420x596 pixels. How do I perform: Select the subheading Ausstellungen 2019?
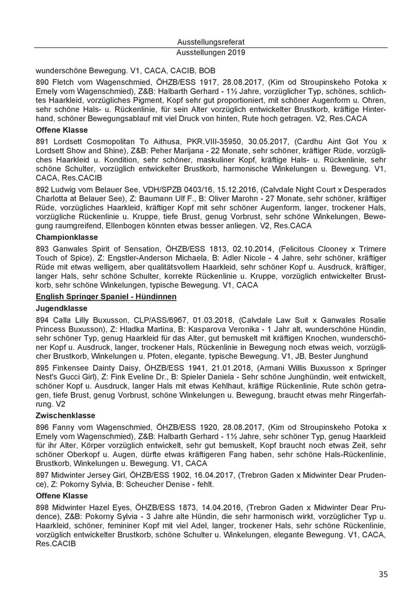point(210,52)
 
